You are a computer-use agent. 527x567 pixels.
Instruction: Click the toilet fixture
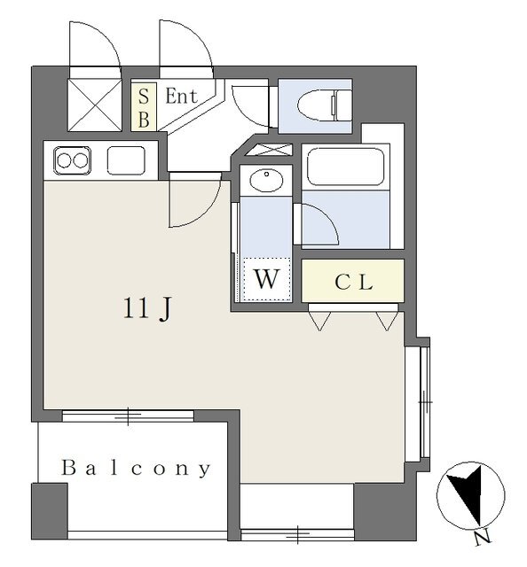pos(324,105)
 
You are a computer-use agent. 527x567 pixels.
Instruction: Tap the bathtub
pos(345,167)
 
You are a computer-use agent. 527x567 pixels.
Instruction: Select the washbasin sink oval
pos(266,181)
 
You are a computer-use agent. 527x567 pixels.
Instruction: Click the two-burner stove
pos(73,161)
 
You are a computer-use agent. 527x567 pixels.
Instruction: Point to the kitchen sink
pos(126,160)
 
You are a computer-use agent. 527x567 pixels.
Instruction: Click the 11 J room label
pos(146,309)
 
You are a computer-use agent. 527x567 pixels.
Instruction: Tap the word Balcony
pos(136,469)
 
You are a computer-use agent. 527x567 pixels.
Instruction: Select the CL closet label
pos(353,282)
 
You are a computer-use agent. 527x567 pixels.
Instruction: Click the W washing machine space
pos(267,279)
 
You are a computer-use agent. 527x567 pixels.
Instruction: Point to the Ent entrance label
pos(182,97)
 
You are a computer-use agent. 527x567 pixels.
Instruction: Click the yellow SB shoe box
pos(144,106)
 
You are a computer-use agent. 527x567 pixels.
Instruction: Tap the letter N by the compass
pos(483,539)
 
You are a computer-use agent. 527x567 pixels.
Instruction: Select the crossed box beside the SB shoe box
pos(95,105)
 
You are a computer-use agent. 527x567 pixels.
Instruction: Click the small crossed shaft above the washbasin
pos(269,150)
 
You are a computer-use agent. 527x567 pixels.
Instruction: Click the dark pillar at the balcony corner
pos(50,511)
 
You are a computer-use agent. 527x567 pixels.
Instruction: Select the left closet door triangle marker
pos(319,321)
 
